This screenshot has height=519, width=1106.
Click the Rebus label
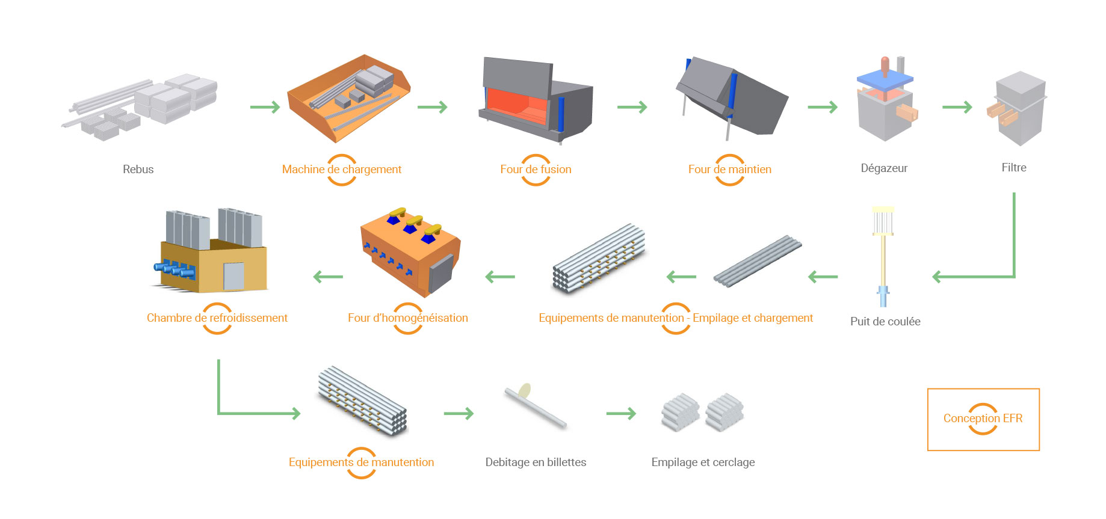click(138, 170)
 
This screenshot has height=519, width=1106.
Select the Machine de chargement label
click(341, 170)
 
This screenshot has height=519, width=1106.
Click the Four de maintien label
click(729, 170)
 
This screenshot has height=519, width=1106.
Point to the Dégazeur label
click(883, 168)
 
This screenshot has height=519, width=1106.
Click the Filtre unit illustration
click(1018, 108)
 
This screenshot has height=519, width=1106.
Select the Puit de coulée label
click(885, 322)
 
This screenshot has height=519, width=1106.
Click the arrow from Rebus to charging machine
click(265, 108)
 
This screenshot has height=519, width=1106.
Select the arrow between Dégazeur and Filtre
click(957, 108)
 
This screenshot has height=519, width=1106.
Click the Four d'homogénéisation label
click(407, 318)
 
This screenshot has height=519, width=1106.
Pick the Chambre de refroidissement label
click(217, 318)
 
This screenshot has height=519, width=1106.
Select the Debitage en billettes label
click(536, 462)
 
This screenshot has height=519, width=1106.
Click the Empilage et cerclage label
click(702, 462)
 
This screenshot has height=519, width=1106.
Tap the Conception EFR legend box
click(983, 419)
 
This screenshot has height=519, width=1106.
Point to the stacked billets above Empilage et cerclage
click(702, 413)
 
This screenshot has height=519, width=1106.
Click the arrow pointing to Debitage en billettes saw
click(459, 414)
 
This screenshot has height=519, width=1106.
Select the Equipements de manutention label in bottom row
click(361, 462)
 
